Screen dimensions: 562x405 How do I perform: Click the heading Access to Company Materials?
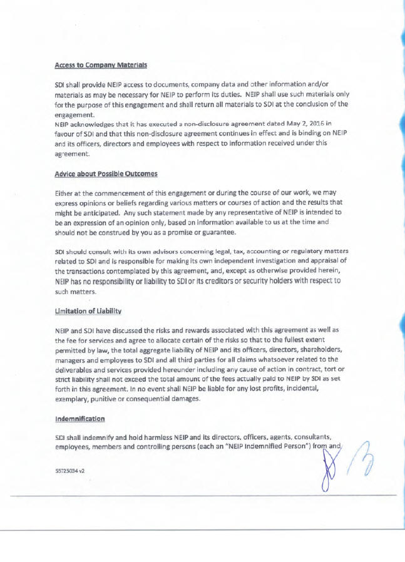[101, 64]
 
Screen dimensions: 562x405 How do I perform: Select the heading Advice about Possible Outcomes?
[106, 173]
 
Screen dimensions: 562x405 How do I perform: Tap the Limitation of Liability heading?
[88, 311]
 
